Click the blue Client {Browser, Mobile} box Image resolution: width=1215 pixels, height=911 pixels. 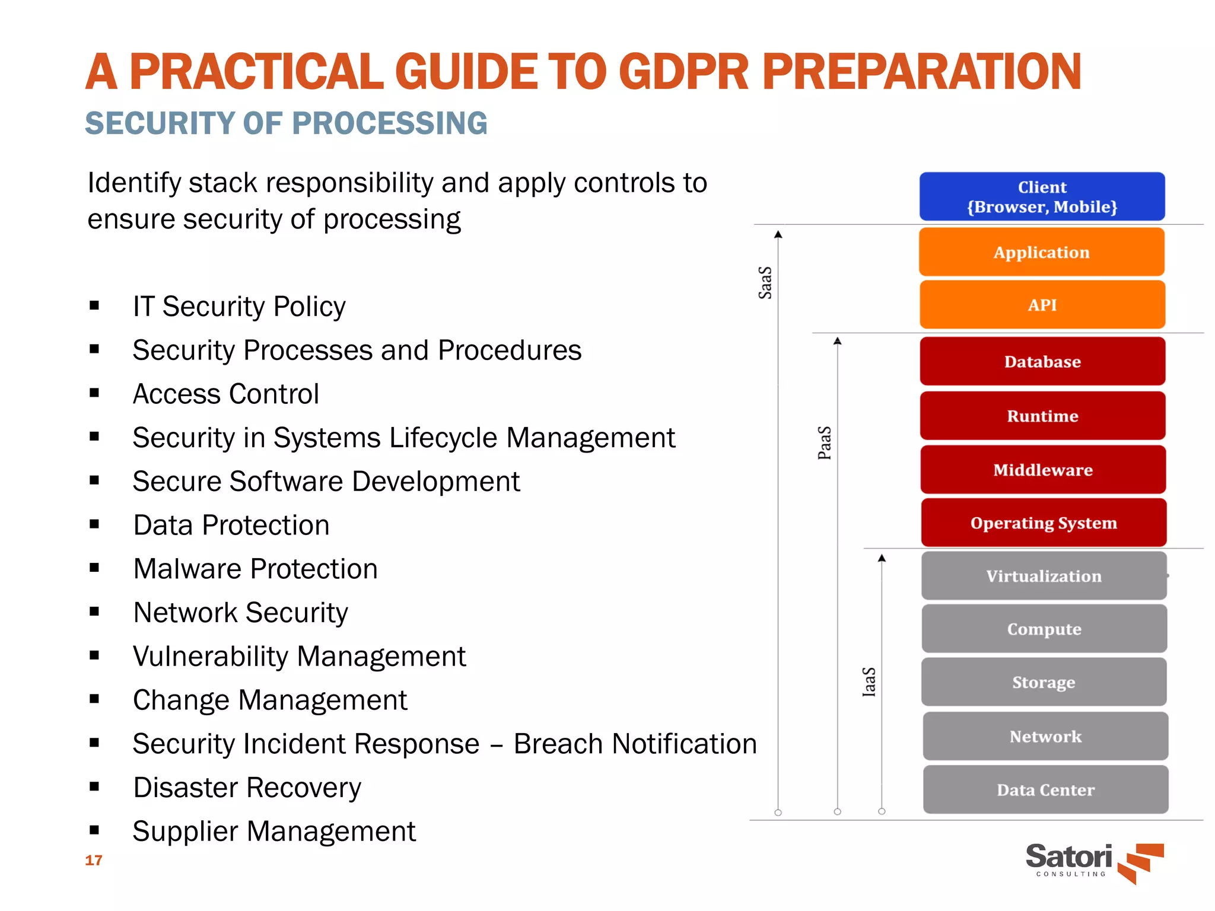tap(1042, 196)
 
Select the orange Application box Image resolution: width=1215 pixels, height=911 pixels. tap(1042, 252)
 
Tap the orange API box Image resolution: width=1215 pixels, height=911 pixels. tap(1042, 305)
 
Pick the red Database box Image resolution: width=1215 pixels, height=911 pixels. tap(1042, 361)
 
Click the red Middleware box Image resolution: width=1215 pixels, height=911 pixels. tap(1043, 470)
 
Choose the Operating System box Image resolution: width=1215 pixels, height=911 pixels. tap(1044, 523)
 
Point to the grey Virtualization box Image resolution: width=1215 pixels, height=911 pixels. tap(1044, 576)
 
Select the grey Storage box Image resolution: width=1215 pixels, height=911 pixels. tap(1044, 682)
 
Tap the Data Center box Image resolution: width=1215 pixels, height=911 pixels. tap(1045, 789)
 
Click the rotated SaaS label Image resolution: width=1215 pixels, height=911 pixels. tap(765, 282)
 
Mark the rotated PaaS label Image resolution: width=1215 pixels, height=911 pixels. tap(825, 442)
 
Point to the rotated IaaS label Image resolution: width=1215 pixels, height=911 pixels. tap(869, 681)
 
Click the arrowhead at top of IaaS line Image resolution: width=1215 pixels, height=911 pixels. tap(882, 558)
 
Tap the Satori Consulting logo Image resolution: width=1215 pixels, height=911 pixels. tap(1093, 862)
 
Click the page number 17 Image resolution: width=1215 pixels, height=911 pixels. tap(94, 860)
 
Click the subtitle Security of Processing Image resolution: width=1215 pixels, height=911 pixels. tap(286, 123)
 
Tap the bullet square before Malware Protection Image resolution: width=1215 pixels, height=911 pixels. tap(94, 568)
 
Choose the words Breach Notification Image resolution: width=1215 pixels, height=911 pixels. tap(635, 744)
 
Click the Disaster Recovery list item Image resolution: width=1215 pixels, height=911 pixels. tap(247, 788)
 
